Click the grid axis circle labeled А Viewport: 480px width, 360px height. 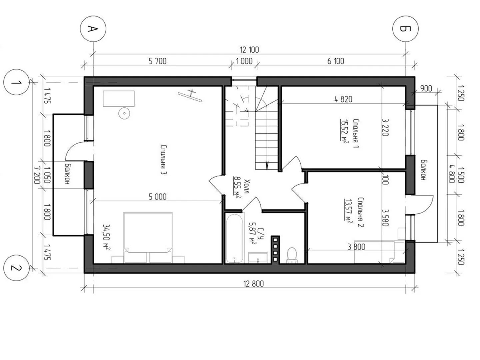coord(93,29)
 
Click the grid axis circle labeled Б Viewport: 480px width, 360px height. coord(405,29)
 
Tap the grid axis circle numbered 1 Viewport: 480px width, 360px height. coord(16,82)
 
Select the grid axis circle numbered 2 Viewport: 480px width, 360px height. coord(16,268)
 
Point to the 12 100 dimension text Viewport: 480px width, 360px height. coord(249,50)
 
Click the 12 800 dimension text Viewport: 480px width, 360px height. coord(253,284)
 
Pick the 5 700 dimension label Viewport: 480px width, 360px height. coord(157,61)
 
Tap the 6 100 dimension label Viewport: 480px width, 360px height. coord(336,61)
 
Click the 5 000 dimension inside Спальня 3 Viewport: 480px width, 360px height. coord(157,197)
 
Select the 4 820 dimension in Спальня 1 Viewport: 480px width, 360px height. coord(343,99)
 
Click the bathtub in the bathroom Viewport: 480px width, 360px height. coord(234,238)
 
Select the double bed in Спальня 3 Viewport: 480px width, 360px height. coord(148,238)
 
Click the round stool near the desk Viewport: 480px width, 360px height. coord(124,113)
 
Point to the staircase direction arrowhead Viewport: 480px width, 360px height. coord(267,165)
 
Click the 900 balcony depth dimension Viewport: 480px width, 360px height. coord(426,89)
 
